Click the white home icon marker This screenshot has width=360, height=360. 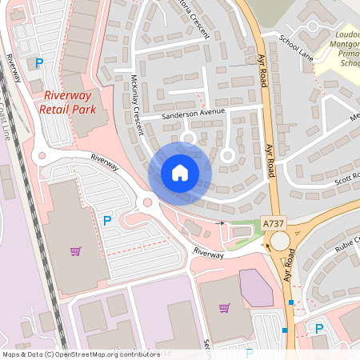coord(180,172)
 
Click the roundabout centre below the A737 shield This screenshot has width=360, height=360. coord(280,241)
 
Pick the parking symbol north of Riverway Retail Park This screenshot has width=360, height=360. coord(38,62)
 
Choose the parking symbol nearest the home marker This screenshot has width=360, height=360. coord(106,220)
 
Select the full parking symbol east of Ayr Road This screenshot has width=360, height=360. coord(319,328)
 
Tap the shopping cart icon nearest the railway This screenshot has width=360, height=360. coord(75,251)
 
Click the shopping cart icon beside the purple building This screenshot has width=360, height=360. coord(225,307)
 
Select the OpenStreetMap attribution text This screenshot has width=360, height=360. coord(81,354)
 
